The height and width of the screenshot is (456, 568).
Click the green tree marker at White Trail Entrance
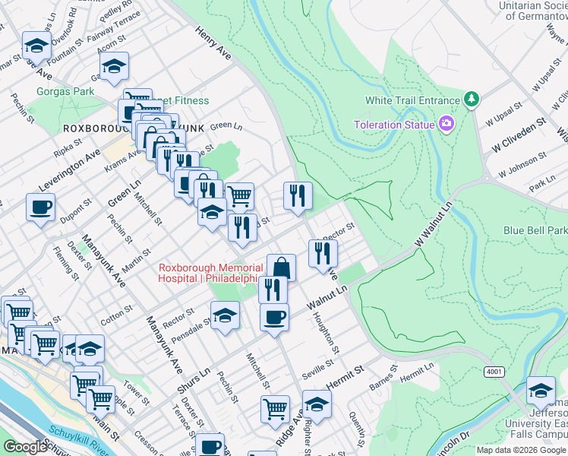pyautogui.click(x=472, y=100)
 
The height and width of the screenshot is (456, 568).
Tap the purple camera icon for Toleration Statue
pyautogui.click(x=446, y=124)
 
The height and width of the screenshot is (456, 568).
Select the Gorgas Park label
pyautogui.click(x=65, y=92)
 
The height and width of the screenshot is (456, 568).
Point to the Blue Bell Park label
pyautogui.click(x=535, y=230)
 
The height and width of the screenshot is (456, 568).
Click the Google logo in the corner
pyautogui.click(x=25, y=447)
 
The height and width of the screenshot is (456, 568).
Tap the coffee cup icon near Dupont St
pyautogui.click(x=41, y=207)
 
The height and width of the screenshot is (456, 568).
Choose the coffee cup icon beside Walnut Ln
pyautogui.click(x=274, y=317)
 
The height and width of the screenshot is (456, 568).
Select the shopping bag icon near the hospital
pyautogui.click(x=281, y=268)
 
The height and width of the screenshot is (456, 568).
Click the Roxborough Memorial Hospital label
pyautogui.click(x=210, y=273)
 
